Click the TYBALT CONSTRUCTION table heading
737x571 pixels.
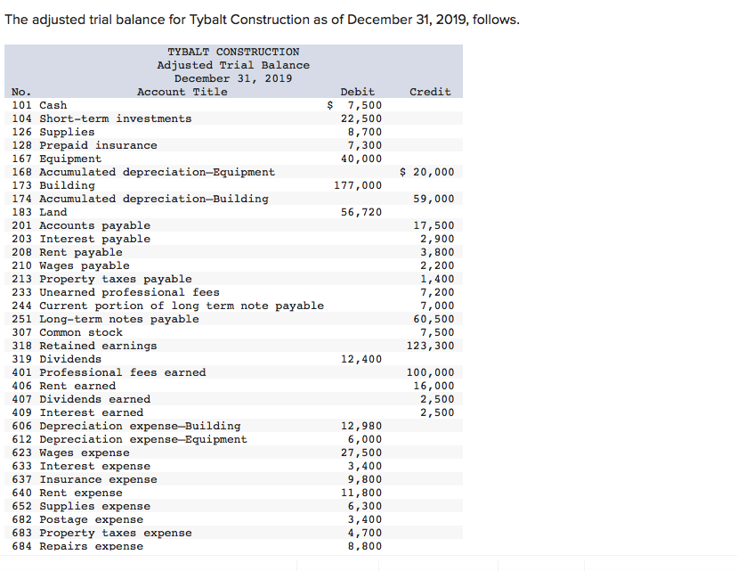tap(233, 52)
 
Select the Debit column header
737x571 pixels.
tap(357, 92)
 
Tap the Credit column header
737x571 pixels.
tap(430, 92)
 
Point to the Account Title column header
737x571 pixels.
tap(182, 92)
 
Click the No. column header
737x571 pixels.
tap(20, 92)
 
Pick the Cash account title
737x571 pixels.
tap(53, 105)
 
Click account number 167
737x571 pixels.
tap(23, 159)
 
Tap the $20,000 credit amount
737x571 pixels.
tap(427, 172)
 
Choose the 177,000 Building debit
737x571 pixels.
tap(358, 185)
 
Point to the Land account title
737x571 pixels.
tap(53, 212)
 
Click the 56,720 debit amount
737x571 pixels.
tap(361, 212)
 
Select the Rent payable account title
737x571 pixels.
tap(81, 252)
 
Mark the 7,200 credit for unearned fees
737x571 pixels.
tap(437, 292)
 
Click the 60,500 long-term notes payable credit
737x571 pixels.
tap(433, 319)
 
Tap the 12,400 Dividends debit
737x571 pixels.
tap(361, 359)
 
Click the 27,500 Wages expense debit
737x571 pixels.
tap(361, 453)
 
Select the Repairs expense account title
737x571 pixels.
tap(91, 546)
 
